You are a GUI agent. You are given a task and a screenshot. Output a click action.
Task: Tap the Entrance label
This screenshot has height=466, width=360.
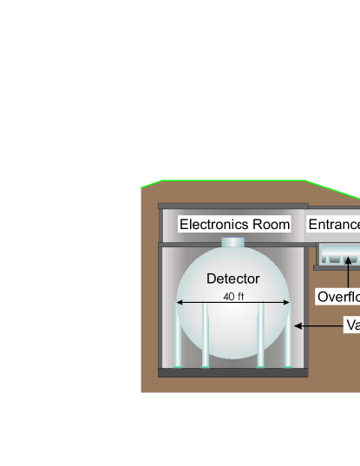click(334, 225)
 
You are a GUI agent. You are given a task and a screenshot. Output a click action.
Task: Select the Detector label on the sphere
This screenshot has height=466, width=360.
click(232, 279)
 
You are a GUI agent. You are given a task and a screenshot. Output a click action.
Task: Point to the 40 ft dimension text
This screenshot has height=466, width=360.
click(233, 297)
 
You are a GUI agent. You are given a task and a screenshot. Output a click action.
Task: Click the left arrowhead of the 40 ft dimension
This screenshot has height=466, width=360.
click(180, 303)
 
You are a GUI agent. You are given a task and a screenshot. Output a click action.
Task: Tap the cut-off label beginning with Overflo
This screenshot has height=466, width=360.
click(338, 297)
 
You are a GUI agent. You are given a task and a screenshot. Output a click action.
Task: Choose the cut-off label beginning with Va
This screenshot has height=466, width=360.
click(351, 325)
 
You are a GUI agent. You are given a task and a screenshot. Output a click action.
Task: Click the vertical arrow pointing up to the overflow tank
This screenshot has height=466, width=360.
click(348, 273)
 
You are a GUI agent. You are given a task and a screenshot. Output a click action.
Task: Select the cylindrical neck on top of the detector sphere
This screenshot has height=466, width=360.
click(233, 242)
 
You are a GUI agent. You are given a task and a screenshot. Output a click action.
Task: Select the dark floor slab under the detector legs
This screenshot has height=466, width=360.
click(232, 372)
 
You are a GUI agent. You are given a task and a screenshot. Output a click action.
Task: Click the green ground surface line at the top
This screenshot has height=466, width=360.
click(234, 181)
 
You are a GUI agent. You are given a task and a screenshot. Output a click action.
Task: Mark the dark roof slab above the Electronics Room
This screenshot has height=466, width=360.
click(232, 206)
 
